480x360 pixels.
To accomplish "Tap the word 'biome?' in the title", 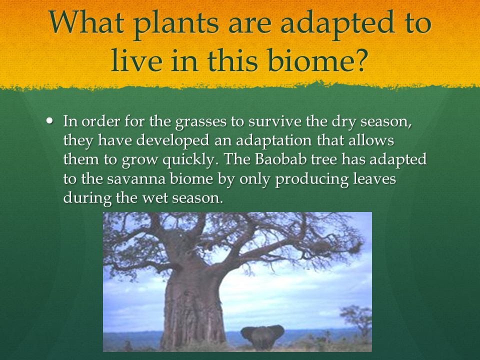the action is tap(317, 59).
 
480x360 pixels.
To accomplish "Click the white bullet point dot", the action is tap(49, 120).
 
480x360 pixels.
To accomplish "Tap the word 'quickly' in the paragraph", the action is tap(187, 160).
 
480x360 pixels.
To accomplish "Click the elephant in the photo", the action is tap(262, 336).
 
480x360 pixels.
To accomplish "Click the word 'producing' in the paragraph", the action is tap(311, 179).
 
